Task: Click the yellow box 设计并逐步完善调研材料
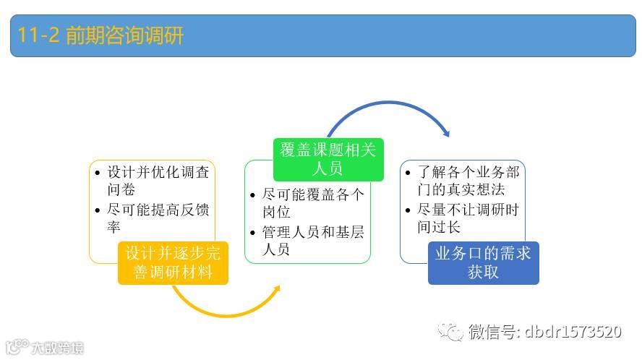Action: point(173,263)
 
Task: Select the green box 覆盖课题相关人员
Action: point(329,159)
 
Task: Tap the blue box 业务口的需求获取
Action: point(483,262)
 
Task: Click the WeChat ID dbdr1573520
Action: point(571,332)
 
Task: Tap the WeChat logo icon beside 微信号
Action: point(453,332)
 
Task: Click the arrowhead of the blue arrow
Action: point(445,132)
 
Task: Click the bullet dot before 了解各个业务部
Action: point(408,173)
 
